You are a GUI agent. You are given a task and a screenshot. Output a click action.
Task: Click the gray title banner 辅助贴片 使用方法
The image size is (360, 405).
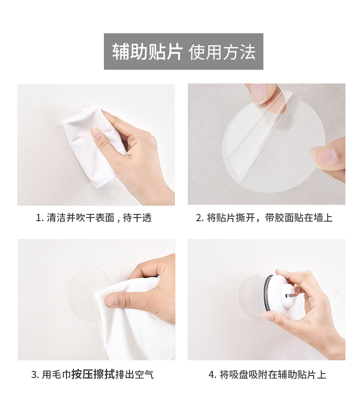click(x=184, y=52)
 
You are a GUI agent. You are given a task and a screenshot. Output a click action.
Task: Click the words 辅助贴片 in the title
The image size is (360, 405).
click(x=147, y=52)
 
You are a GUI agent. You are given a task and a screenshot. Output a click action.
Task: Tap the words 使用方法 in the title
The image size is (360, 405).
click(x=222, y=52)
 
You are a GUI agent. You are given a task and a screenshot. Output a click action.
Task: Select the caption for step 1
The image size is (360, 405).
click(x=94, y=218)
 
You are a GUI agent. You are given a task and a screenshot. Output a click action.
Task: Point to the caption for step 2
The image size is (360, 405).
click(x=264, y=218)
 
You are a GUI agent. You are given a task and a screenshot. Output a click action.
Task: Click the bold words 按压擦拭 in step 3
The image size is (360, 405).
click(x=93, y=374)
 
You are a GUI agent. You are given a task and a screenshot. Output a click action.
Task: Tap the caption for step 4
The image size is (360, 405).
click(x=267, y=374)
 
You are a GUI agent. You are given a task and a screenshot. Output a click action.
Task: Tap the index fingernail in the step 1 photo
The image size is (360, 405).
click(x=97, y=134)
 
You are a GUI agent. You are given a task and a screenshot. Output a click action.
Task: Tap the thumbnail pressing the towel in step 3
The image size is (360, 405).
click(x=112, y=301)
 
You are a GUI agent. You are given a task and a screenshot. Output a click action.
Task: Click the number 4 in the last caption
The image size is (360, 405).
click(x=211, y=374)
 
